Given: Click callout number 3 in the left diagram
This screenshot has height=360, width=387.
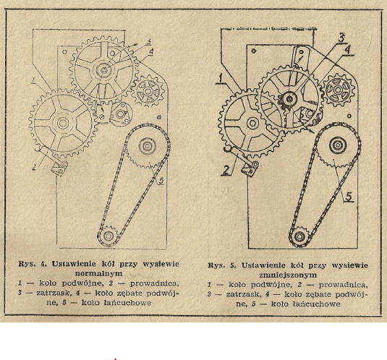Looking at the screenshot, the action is click(x=148, y=42).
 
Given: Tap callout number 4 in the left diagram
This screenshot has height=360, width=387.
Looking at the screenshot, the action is click(x=151, y=51).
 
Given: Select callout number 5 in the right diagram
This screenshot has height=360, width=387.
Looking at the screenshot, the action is click(x=349, y=197).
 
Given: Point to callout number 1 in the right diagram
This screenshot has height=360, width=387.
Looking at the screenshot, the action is click(x=221, y=78).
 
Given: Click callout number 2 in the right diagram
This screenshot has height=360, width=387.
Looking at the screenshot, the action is click(x=226, y=170).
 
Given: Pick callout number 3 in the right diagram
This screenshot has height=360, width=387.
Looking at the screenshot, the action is click(x=341, y=38).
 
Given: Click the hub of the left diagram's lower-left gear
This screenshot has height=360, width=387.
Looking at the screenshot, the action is click(x=63, y=123).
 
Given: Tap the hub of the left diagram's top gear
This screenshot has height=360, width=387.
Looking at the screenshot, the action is click(x=104, y=71).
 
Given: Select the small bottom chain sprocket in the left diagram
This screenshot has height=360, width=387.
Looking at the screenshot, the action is click(x=108, y=236).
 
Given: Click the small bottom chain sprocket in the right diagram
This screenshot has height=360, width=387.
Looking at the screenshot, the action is click(x=299, y=236).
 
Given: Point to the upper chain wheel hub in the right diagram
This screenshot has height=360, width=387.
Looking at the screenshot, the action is click(x=337, y=145).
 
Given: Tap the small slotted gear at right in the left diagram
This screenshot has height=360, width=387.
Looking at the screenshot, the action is click(x=148, y=92).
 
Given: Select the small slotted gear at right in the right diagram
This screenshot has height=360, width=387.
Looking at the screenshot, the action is click(x=339, y=90).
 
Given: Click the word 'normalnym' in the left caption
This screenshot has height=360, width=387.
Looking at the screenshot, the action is click(x=98, y=273).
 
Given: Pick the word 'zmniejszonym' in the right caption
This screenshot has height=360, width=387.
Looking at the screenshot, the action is click(x=288, y=275).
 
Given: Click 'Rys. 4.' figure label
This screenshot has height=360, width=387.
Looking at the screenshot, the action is click(x=33, y=264).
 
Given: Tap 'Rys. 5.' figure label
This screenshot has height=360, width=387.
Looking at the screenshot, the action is click(x=222, y=265).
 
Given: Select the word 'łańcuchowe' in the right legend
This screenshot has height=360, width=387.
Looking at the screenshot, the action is click(x=305, y=304).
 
